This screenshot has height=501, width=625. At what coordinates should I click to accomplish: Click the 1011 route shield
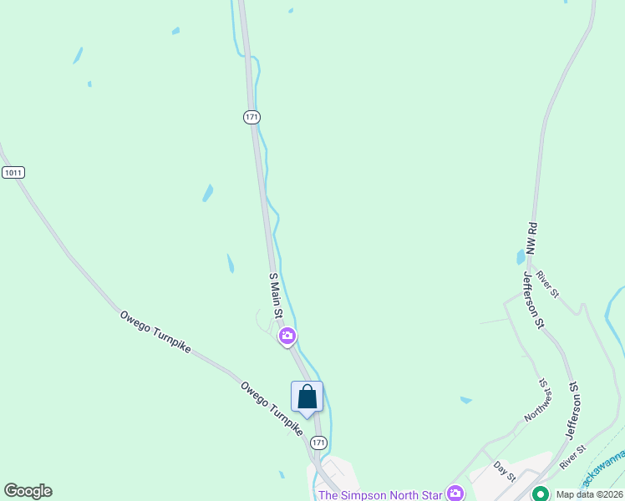coord(13,173)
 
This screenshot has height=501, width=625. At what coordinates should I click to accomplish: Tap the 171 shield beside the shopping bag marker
coord(318,441)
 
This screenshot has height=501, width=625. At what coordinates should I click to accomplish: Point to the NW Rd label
coord(530,240)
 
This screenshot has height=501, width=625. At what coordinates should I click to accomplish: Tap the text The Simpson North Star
coord(379,494)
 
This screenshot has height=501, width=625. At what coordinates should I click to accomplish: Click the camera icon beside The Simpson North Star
coord(455,493)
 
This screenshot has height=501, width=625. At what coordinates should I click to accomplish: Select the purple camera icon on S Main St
coord(287,337)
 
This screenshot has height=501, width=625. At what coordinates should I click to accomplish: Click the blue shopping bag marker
coord(307,397)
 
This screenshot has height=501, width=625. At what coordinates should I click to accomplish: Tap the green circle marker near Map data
coord(540,493)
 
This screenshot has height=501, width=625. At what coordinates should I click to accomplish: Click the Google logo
coord(28,491)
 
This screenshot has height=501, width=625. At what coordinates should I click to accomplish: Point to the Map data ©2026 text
coord(589,494)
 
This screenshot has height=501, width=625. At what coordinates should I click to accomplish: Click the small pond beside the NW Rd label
coord(520,256)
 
